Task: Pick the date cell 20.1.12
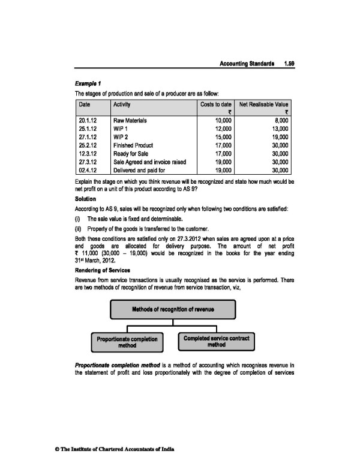click(x=88, y=120)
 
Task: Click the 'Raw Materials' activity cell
click(x=130, y=120)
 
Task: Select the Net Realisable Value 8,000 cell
click(x=280, y=120)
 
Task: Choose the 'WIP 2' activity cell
click(x=122, y=137)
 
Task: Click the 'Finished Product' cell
click(x=133, y=145)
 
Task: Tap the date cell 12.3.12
click(x=88, y=153)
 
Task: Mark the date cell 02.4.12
click(x=88, y=170)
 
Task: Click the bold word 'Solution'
click(x=85, y=196)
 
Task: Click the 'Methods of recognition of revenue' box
click(x=173, y=309)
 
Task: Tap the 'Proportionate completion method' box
click(x=128, y=342)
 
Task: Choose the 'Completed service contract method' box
click(x=217, y=342)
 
